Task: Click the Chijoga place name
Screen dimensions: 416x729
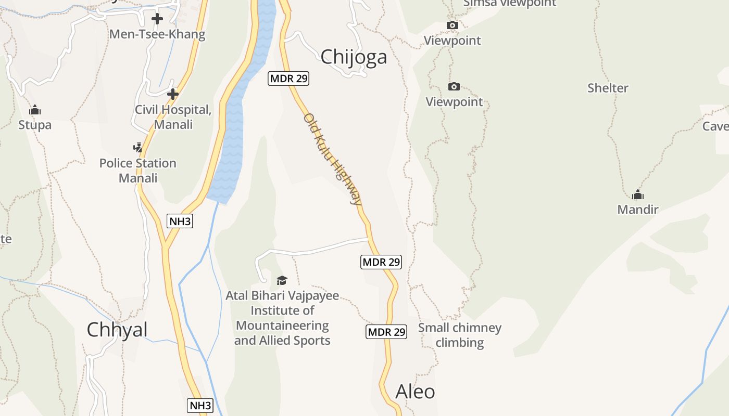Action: pyautogui.click(x=354, y=57)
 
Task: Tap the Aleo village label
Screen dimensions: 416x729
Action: pyautogui.click(x=415, y=391)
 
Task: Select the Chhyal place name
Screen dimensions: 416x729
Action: pyautogui.click(x=117, y=330)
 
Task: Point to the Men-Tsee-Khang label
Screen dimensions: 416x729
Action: pyautogui.click(x=157, y=35)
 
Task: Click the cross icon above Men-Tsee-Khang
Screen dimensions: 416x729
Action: pyautogui.click(x=157, y=19)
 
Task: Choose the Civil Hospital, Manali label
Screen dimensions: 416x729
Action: pyautogui.click(x=173, y=117)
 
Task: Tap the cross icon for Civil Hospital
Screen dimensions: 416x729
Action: pyautogui.click(x=173, y=94)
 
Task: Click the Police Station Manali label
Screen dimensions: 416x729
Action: pyautogui.click(x=138, y=171)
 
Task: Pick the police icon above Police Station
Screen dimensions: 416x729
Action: pyautogui.click(x=138, y=148)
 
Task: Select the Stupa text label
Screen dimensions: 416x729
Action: pyautogui.click(x=35, y=125)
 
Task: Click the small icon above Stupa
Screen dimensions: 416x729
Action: pyautogui.click(x=35, y=110)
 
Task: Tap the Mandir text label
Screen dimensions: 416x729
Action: pyautogui.click(x=638, y=210)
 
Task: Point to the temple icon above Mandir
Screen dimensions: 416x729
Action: pyautogui.click(x=638, y=195)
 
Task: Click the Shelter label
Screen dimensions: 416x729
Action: pyautogui.click(x=608, y=88)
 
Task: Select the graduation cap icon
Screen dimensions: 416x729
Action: pyautogui.click(x=282, y=281)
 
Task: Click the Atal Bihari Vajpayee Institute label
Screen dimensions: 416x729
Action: pyautogui.click(x=282, y=318)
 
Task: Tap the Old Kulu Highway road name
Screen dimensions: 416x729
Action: pyautogui.click(x=333, y=159)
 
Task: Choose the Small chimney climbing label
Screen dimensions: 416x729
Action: pyautogui.click(x=460, y=335)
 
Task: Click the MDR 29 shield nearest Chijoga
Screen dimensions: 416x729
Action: pyautogui.click(x=288, y=79)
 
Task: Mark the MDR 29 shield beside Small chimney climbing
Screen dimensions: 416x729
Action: pyautogui.click(x=386, y=332)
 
